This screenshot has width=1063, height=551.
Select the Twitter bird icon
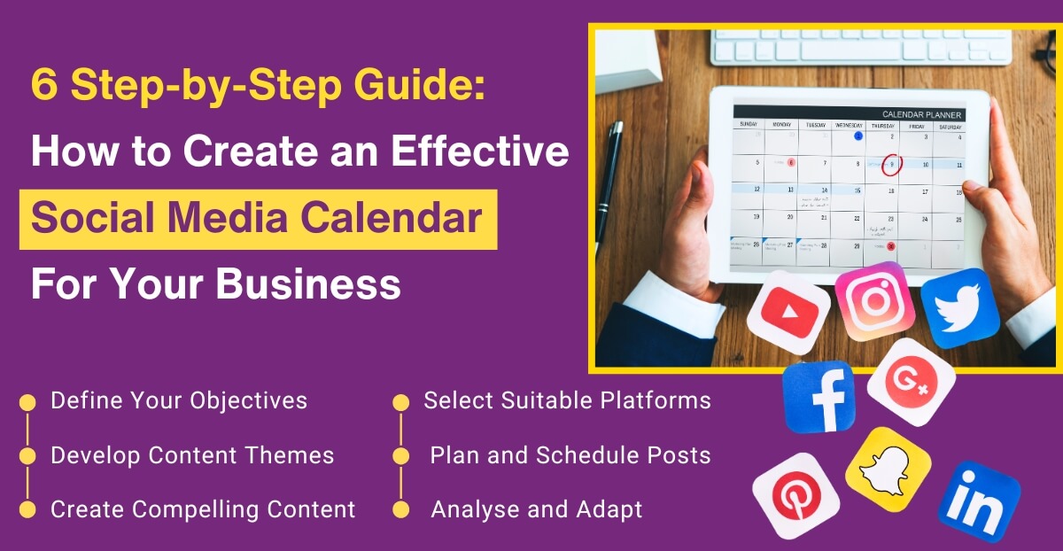point(959,307)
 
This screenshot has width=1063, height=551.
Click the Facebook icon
point(819,397)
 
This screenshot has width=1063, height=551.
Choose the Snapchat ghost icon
point(888,470)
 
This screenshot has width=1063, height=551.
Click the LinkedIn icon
point(979,501)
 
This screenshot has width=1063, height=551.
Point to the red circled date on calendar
point(892,164)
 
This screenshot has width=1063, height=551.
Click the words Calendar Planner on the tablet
point(921,114)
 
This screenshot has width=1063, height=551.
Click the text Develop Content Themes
point(192,455)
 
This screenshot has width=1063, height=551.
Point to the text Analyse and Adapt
point(536,509)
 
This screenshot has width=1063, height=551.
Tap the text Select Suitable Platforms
point(567,400)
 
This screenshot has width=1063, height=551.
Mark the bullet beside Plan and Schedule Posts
point(401,456)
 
